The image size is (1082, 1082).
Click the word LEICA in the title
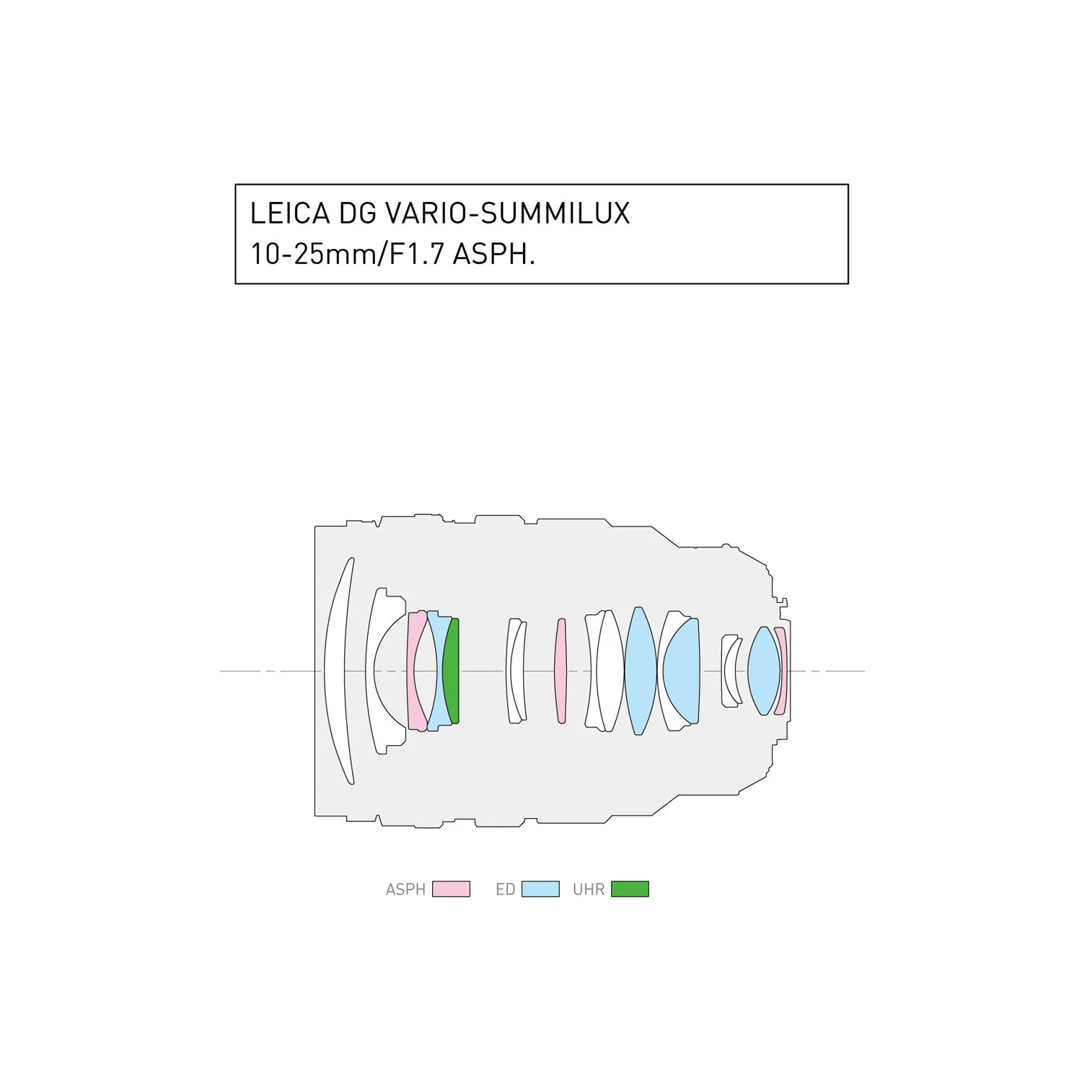[290, 214]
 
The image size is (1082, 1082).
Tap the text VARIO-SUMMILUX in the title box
[507, 214]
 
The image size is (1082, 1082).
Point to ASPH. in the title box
[493, 254]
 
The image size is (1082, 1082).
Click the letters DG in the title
[357, 214]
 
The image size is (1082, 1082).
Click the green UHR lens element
[451, 671]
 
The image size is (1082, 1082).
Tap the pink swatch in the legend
[451, 889]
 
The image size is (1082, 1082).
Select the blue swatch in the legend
[540, 889]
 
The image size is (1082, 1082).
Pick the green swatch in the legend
[630, 889]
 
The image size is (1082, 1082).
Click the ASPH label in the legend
[405, 889]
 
